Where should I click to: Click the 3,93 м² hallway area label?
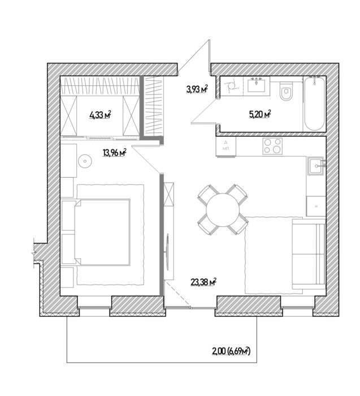tap(197, 89)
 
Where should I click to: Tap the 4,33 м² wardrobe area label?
tap(100, 115)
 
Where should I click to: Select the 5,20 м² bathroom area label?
tap(259, 114)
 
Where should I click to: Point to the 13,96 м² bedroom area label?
tap(114, 153)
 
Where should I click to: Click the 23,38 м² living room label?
tap(204, 282)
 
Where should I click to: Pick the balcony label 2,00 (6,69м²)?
tap(231, 351)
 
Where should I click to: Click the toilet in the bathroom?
tap(287, 91)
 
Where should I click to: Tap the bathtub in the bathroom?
tap(314, 104)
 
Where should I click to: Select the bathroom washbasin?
tap(257, 85)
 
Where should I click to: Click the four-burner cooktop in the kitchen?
tap(272, 146)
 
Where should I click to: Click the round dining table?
tap(222, 209)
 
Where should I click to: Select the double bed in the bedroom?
tap(102, 232)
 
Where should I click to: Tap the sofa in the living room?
tap(309, 254)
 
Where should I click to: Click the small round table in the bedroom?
tap(85, 160)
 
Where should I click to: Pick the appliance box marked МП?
tap(226, 146)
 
